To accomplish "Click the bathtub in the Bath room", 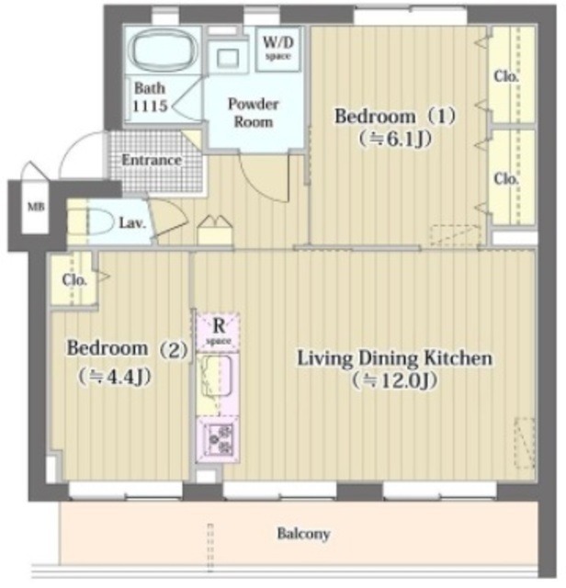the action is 163,52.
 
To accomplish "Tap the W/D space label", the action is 277,49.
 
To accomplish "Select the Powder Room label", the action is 254,112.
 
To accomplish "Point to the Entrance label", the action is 152,160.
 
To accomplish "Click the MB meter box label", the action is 37,207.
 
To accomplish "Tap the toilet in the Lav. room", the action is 97,222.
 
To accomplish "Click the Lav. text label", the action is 132,223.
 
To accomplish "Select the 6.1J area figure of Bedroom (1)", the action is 395,140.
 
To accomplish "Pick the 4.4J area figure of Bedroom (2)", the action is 115,376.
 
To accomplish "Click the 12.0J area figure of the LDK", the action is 394,381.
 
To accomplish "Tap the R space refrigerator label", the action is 219,331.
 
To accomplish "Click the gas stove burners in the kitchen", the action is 219,437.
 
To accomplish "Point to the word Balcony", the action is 304,534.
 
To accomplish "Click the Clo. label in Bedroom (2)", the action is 74,280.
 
